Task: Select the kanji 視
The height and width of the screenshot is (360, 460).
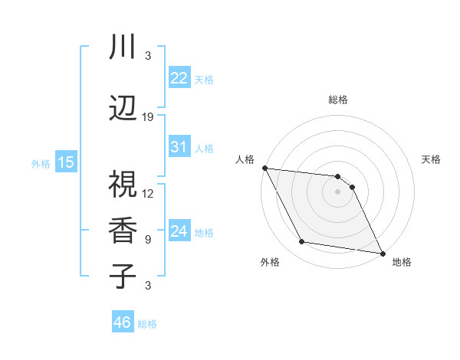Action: (x=122, y=185)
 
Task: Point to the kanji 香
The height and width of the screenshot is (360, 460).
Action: (x=122, y=231)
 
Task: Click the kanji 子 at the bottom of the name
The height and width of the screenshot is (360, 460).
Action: (x=122, y=277)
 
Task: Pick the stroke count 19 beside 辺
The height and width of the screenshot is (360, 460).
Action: (x=148, y=117)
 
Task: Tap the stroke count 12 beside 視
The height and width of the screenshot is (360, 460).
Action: (x=148, y=193)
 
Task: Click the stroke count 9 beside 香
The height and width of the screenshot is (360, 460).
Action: (x=148, y=239)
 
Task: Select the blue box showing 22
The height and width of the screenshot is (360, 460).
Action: (x=179, y=78)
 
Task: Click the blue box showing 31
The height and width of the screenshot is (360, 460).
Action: (x=179, y=147)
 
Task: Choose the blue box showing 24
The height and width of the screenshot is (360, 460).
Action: (x=179, y=231)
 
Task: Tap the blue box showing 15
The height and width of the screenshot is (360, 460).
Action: (x=66, y=162)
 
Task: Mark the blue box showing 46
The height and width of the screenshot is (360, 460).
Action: (x=123, y=322)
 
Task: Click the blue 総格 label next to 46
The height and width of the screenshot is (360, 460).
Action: (x=147, y=324)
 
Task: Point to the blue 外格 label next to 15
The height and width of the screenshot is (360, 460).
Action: (x=41, y=163)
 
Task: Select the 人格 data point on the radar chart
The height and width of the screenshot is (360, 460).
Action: (x=264, y=168)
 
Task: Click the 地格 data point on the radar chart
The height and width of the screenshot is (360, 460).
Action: (x=381, y=253)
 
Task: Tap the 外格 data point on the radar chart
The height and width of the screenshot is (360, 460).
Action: (x=302, y=242)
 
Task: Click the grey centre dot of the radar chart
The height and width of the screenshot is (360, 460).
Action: (x=337, y=191)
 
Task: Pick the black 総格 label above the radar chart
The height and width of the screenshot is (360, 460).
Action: (x=337, y=100)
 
